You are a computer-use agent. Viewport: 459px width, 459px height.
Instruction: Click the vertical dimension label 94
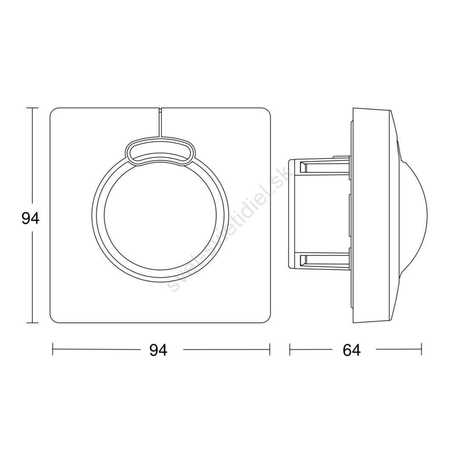[31, 218]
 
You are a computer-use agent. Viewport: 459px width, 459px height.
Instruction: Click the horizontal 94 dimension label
[158, 350]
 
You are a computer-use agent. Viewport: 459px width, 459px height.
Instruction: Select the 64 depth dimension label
[352, 350]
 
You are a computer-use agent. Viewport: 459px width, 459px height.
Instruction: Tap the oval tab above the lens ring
[160, 152]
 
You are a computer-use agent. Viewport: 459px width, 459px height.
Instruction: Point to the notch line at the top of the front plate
[160, 122]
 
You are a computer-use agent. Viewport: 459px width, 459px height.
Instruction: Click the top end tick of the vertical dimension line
[32, 108]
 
